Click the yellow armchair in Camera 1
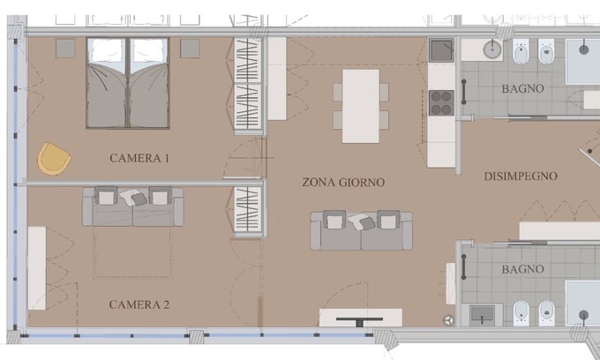coord(55,160)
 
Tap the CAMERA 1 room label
coord(139,159)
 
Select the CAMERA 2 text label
coord(139,304)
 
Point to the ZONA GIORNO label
coord(343,183)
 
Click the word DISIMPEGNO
coord(521,176)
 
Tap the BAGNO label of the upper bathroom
coord(522,89)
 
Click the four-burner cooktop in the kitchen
coord(441,102)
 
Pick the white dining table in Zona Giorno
coord(360,105)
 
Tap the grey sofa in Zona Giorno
coord(362,229)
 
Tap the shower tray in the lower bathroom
coord(582,304)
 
